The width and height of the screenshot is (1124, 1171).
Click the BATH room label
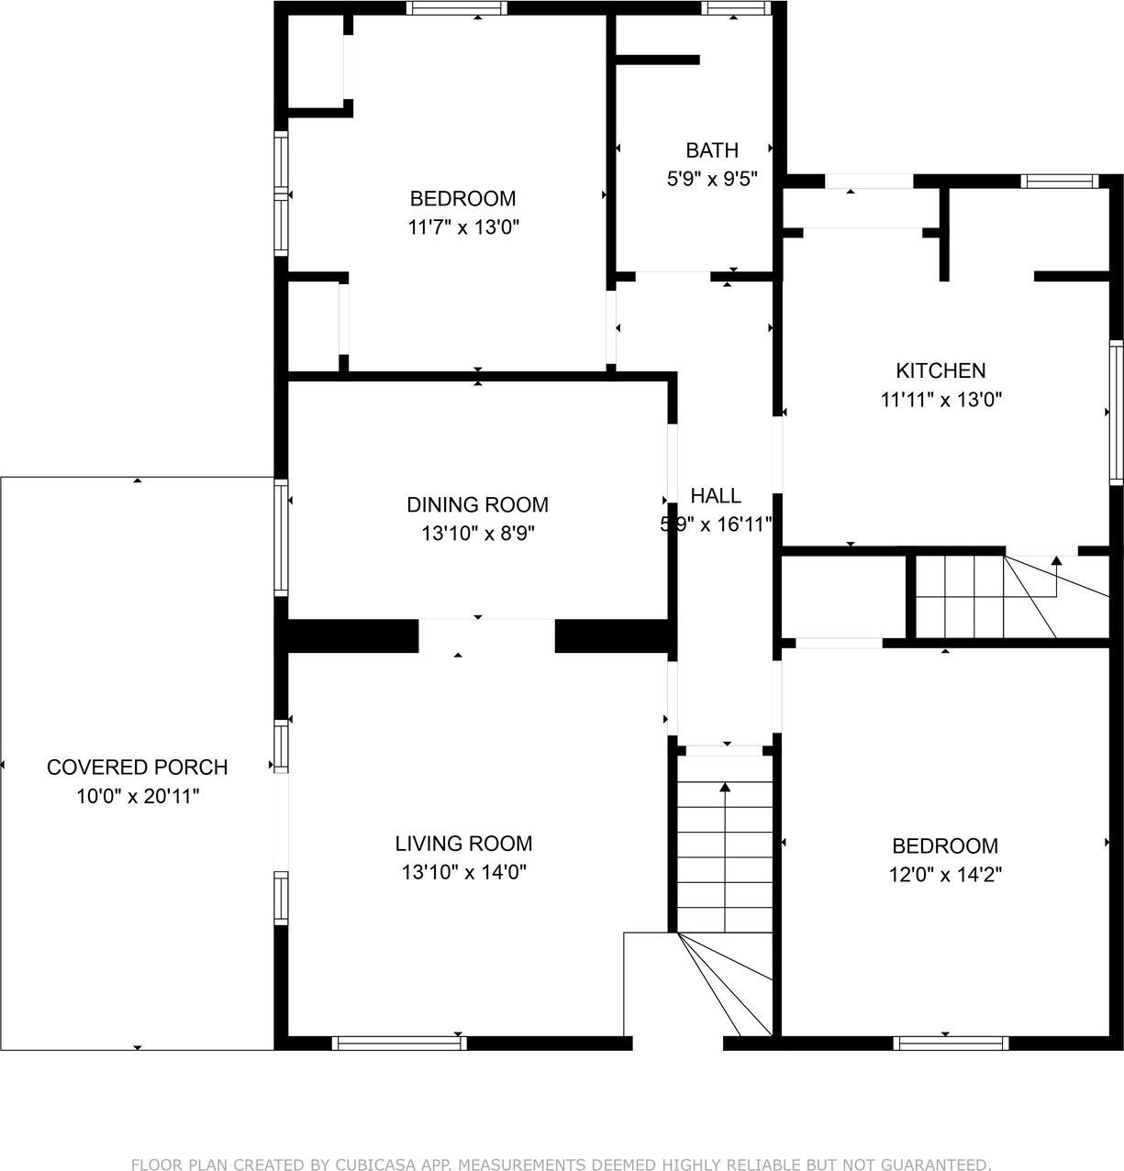[x=712, y=149]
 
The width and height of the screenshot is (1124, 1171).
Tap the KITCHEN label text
[x=940, y=370]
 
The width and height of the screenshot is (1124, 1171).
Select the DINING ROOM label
[x=477, y=504]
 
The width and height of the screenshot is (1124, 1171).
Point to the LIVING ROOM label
[x=463, y=843]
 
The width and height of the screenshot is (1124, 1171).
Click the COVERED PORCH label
[x=138, y=768]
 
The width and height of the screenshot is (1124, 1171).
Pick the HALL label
[x=716, y=496]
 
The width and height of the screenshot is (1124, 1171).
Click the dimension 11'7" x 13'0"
[x=463, y=227]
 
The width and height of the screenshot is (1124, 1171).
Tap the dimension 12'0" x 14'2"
[x=945, y=874]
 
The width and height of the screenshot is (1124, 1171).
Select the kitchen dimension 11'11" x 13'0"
[x=941, y=400]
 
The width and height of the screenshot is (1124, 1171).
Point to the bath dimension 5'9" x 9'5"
[x=712, y=179]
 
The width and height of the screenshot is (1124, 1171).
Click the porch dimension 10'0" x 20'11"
[x=138, y=796]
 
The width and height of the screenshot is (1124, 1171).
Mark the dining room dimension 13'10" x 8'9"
[x=478, y=533]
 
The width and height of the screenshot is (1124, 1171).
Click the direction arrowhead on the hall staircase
[x=726, y=787]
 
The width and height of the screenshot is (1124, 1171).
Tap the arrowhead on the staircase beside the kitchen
[x=1057, y=560]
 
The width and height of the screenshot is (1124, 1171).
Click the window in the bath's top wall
[x=736, y=8]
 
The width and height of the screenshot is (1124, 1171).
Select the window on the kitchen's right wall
[x=1117, y=413]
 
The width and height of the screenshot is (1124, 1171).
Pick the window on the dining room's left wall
[x=281, y=537]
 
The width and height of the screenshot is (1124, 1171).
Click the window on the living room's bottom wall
[x=399, y=1043]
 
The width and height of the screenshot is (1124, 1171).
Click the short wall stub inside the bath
[x=657, y=60]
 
